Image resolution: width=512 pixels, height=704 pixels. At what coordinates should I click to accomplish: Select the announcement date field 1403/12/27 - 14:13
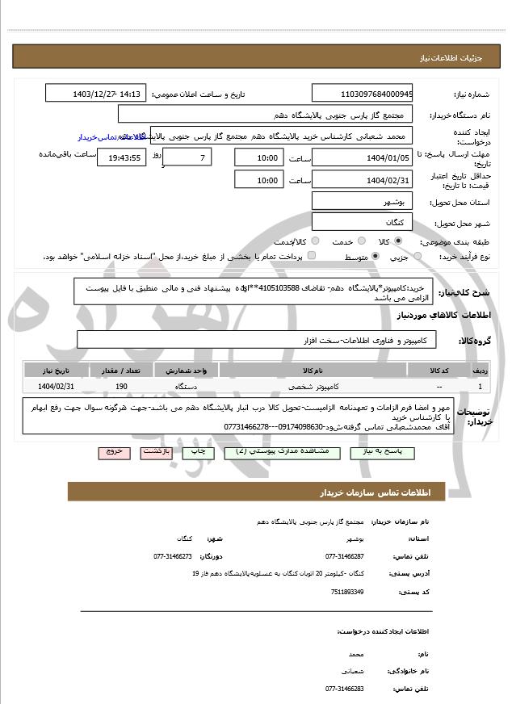point(96,94)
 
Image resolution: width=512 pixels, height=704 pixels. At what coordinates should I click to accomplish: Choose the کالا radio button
point(398,241)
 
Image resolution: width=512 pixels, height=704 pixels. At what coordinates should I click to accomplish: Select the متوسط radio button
point(375,256)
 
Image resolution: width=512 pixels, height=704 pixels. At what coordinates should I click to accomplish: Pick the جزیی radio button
point(418,256)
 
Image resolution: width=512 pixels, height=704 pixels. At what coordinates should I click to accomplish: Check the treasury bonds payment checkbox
point(313,256)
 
